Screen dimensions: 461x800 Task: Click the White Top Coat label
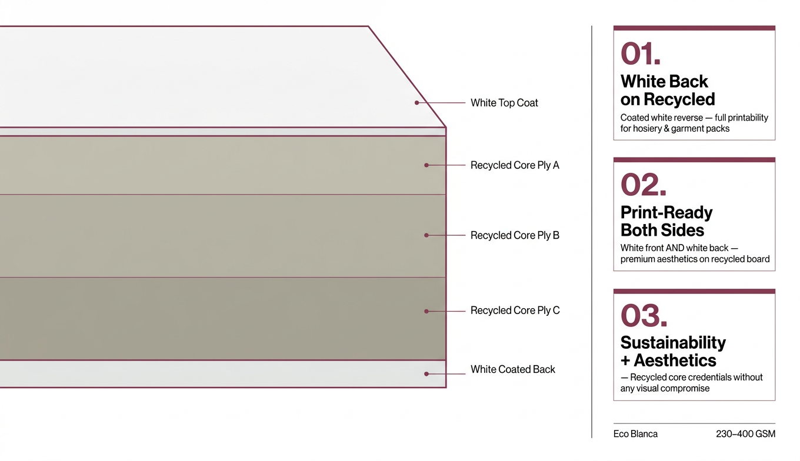point(504,103)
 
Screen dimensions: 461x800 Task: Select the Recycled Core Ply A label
point(515,165)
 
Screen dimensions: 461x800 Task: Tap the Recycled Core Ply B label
point(515,235)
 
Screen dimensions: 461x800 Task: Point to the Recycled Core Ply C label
point(515,310)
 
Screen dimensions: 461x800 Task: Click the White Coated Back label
point(512,369)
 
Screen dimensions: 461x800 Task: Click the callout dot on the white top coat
point(416,103)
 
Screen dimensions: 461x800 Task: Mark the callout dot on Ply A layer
point(426,165)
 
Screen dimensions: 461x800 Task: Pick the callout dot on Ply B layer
point(426,235)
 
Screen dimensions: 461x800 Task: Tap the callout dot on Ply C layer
point(426,310)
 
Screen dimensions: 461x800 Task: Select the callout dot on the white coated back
point(426,373)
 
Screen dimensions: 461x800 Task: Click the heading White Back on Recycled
point(668,90)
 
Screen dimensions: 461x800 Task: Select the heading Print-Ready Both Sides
point(666,221)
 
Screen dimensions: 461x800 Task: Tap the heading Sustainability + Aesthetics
point(673,351)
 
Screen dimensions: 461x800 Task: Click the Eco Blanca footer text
point(635,434)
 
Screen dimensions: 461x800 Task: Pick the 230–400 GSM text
point(745,434)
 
